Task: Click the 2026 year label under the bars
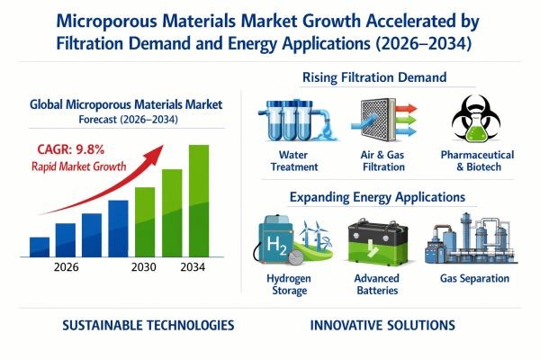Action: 67,267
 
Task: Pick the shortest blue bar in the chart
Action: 40,247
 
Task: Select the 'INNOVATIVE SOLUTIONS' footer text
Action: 382,325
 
